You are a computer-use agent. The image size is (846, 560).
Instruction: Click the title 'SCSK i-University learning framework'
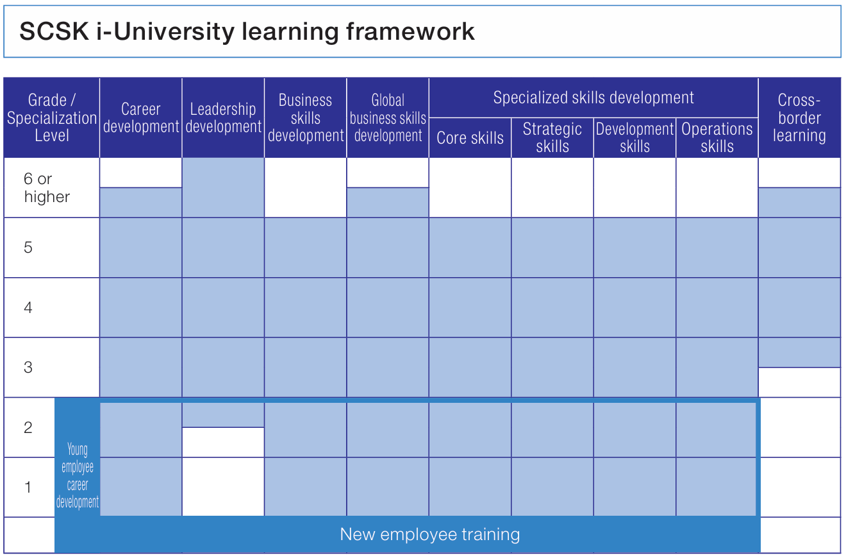[x=247, y=31]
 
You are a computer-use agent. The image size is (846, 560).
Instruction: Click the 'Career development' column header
[x=141, y=118]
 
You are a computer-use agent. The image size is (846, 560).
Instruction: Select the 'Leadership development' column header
[x=223, y=118]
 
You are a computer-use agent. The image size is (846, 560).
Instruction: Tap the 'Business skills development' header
[x=306, y=118]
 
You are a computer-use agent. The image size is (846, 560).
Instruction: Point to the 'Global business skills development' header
[x=388, y=118]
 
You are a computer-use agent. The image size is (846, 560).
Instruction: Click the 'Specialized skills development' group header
[x=593, y=98]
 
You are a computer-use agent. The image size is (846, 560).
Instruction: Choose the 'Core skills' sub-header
[x=470, y=138]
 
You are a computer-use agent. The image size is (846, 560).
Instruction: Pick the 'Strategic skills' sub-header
[x=552, y=137]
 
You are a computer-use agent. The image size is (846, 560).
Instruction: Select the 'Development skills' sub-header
[x=634, y=137]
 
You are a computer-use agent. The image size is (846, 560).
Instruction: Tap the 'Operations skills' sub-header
[x=717, y=137]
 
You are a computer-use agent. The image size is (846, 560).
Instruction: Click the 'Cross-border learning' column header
[x=799, y=118]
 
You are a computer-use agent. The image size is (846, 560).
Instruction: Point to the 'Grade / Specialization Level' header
[x=52, y=118]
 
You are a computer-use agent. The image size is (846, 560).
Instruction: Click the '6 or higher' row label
[x=46, y=188]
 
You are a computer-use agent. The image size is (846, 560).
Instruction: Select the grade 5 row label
[x=28, y=248]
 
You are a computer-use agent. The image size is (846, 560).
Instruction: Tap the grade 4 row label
[x=28, y=308]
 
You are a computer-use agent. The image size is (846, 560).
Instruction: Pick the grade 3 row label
[x=28, y=368]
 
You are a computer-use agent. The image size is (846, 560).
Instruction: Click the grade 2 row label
[x=28, y=428]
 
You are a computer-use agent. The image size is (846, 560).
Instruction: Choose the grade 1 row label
[x=28, y=488]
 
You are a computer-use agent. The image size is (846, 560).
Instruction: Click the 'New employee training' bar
[x=429, y=534]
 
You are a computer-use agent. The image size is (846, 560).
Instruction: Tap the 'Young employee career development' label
[x=78, y=476]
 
